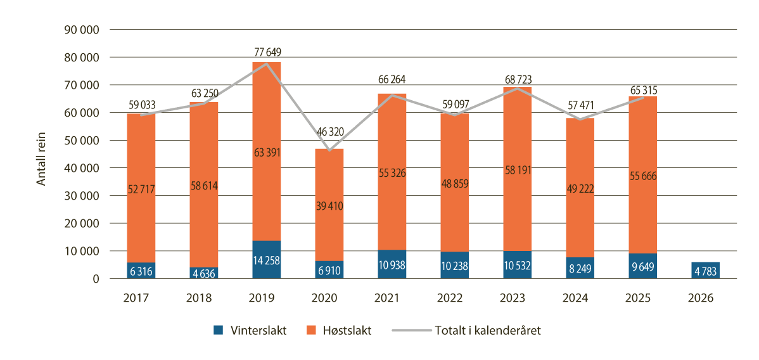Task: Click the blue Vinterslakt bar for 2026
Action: (705, 270)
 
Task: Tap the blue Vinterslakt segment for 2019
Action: (266, 259)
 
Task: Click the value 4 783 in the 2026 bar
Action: (705, 270)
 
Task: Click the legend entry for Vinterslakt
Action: (250, 330)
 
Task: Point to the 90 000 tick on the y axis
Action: (82, 29)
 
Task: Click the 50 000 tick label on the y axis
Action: (82, 140)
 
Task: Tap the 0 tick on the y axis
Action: (96, 279)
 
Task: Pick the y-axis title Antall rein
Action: (42, 154)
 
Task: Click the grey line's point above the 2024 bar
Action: (580, 119)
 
